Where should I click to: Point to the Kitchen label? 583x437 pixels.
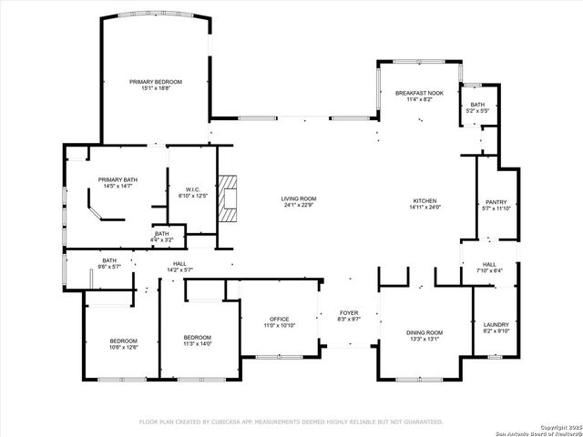click(x=424, y=200)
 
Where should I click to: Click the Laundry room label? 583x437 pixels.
click(x=496, y=325)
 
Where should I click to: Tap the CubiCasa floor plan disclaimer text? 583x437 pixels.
click(x=291, y=422)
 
